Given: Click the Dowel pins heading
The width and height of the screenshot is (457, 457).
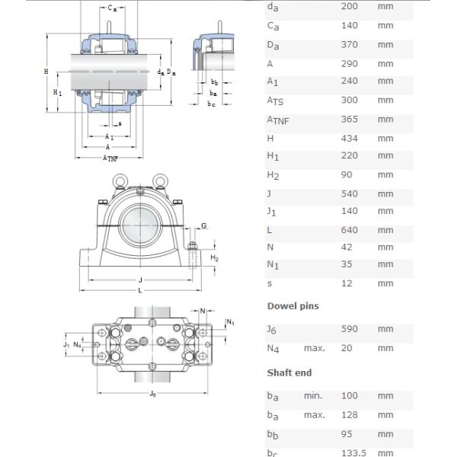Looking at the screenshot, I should click(292, 306).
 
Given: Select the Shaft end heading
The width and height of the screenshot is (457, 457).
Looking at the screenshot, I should click(289, 372).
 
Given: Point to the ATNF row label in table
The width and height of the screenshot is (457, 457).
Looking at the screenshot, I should click(278, 120).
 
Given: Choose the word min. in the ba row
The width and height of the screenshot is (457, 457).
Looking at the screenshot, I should click(313, 396).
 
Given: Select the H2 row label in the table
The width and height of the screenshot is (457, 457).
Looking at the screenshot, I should click(273, 176).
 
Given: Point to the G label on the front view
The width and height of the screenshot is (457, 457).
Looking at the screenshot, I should click(203, 225).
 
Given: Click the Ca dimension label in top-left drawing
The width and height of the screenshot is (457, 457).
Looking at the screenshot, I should click(112, 8).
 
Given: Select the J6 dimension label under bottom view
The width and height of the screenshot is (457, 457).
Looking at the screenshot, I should click(153, 394).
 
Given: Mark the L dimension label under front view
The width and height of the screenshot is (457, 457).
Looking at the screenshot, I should click(139, 290).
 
